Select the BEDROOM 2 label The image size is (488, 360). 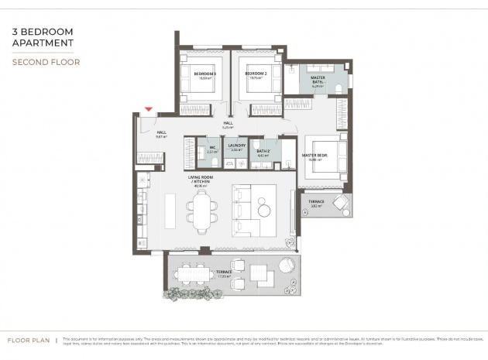coord(256,74)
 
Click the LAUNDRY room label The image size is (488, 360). coord(236,145)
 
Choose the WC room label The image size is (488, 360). coord(212,147)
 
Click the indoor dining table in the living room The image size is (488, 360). coord(203,211)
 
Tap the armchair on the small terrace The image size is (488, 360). coord(340,204)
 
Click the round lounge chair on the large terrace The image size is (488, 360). coord(286,264)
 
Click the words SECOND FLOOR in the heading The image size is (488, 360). coord(46,61)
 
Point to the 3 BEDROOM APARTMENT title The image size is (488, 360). coord(43,38)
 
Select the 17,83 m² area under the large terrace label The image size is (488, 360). coord(225,276)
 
